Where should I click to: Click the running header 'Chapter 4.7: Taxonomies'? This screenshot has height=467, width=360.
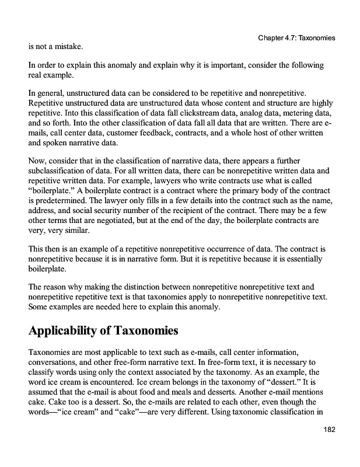coord(295,38)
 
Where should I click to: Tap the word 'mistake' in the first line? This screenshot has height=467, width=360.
coord(67,46)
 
